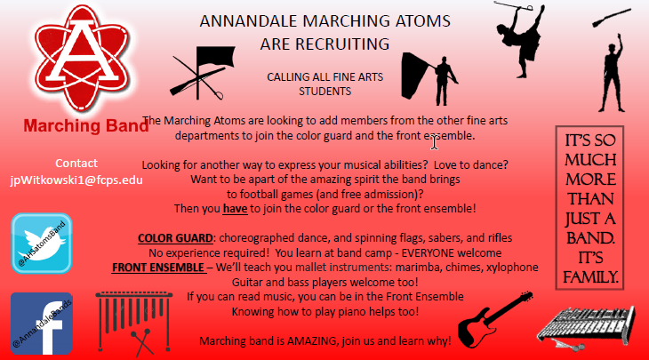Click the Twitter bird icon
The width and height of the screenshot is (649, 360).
[42, 243]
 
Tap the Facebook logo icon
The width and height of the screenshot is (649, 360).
[42, 324]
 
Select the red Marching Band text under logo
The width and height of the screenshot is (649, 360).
[85, 126]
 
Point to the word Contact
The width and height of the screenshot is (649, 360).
[76, 164]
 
